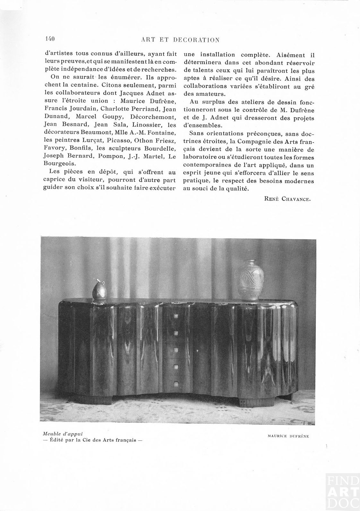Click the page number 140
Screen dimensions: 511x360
[x=50, y=39]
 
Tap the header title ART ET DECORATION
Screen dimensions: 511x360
[x=180, y=40]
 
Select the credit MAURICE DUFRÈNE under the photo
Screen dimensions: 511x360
[x=288, y=436]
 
